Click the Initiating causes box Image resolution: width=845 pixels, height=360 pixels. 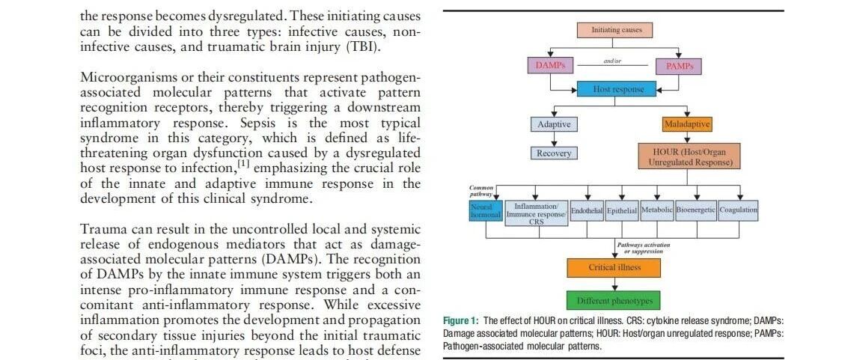pyautogui.click(x=615, y=30)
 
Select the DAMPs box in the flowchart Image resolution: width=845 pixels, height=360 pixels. pyautogui.click(x=549, y=66)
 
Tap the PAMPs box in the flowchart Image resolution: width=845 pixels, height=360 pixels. pyautogui.click(x=679, y=67)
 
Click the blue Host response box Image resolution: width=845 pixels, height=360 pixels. pyautogui.click(x=613, y=89)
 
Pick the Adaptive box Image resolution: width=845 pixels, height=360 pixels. pyautogui.click(x=553, y=124)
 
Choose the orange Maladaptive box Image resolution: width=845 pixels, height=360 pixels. pyautogui.click(x=686, y=124)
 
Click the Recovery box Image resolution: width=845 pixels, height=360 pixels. pyautogui.click(x=553, y=153)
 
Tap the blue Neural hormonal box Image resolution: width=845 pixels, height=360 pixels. pyautogui.click(x=485, y=210)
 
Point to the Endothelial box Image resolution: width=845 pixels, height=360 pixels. pyautogui.click(x=587, y=211)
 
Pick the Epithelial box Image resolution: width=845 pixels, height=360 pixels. pyautogui.click(x=621, y=211)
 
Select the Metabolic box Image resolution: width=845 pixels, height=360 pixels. pyautogui.click(x=656, y=210)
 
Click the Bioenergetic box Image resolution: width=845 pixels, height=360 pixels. pyautogui.click(x=696, y=210)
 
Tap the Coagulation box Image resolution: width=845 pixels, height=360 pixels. pyautogui.click(x=738, y=210)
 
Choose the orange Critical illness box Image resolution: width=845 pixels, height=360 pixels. pyautogui.click(x=614, y=268)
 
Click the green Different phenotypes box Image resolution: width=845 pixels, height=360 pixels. pyautogui.click(x=614, y=301)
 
